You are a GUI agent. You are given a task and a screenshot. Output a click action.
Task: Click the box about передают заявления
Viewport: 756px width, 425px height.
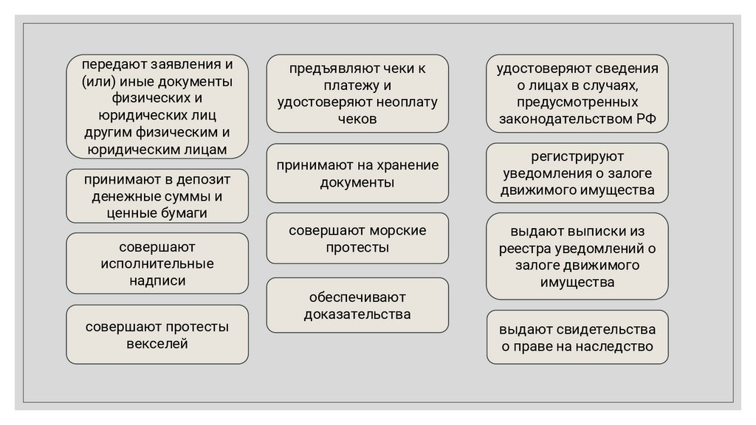(x=157, y=107)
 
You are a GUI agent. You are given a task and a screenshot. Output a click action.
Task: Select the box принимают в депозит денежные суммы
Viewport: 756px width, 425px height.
(x=157, y=196)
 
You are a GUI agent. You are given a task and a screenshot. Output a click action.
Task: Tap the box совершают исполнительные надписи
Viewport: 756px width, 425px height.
(x=157, y=263)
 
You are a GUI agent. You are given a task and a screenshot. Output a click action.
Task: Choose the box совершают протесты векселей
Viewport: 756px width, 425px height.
(x=157, y=334)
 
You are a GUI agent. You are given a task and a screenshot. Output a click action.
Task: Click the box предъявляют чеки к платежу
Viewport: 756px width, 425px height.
(x=357, y=93)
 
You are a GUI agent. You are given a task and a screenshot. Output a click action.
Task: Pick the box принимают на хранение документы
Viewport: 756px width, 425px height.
(x=357, y=173)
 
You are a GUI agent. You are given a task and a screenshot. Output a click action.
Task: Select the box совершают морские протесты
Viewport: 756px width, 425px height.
(x=357, y=238)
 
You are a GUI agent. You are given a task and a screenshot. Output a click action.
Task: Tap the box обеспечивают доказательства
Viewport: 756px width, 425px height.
(x=357, y=305)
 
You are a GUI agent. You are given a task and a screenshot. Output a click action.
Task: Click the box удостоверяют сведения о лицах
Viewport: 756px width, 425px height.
(x=577, y=93)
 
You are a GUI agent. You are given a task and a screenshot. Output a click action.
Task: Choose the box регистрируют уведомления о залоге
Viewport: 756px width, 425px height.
(x=577, y=173)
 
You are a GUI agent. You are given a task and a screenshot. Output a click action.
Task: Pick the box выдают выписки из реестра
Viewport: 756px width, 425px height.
(x=577, y=256)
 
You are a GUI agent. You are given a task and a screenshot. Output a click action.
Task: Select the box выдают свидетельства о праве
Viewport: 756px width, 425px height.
(x=577, y=337)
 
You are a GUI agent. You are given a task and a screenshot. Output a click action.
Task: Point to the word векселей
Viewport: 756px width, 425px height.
(x=157, y=343)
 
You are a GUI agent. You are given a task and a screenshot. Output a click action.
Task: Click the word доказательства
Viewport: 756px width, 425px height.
(x=357, y=314)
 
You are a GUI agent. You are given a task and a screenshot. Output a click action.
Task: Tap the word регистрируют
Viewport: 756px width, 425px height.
(x=577, y=156)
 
